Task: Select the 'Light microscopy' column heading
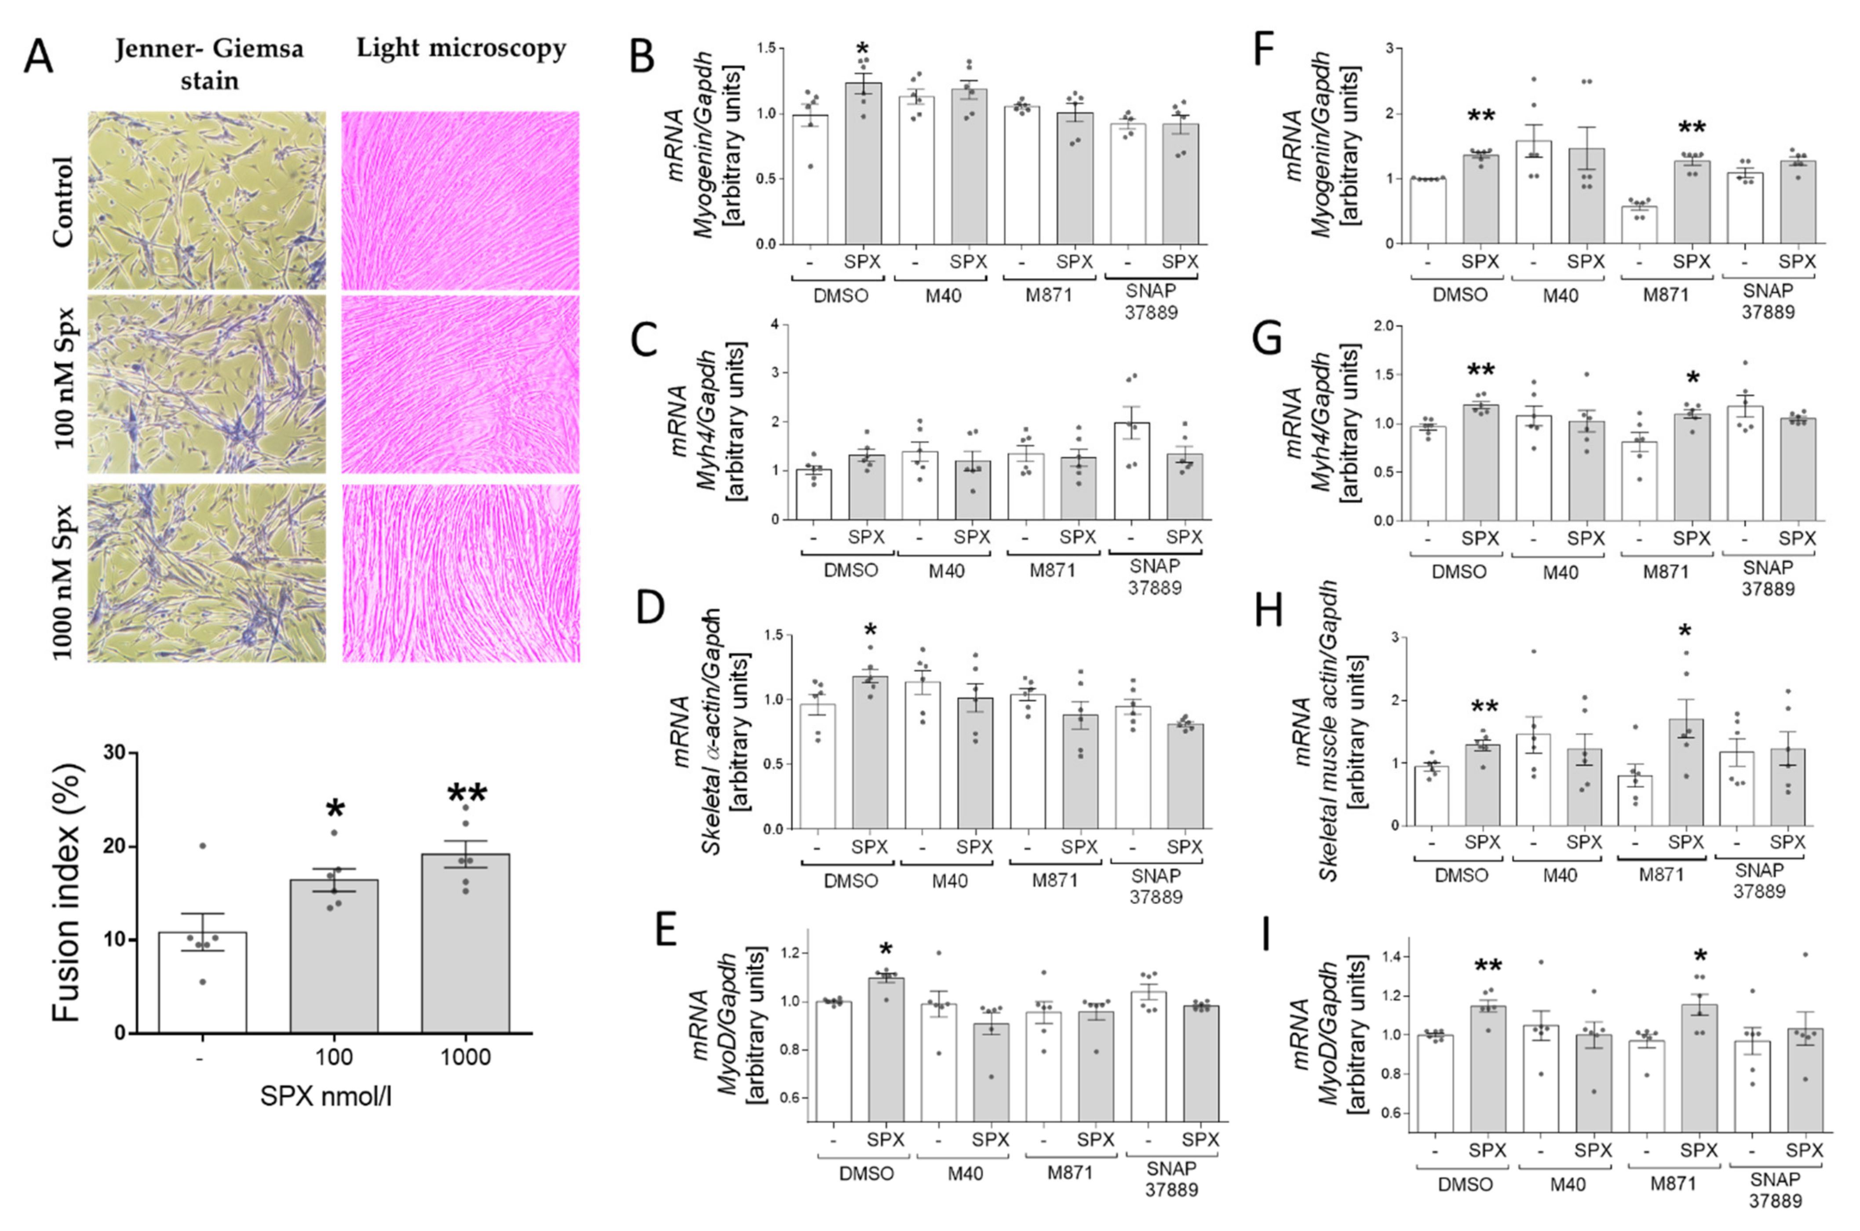point(461,49)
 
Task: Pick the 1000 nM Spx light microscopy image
point(461,573)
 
